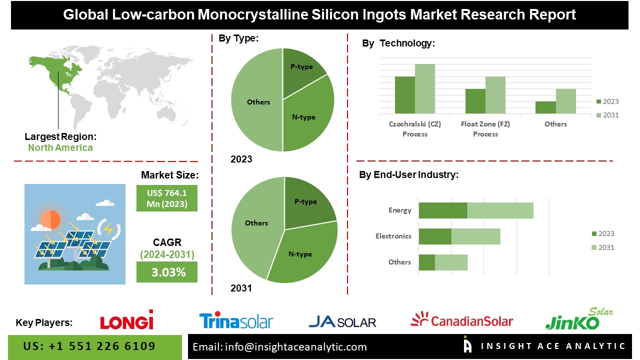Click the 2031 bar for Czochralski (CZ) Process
point(424,88)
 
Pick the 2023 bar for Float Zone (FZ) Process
point(475,101)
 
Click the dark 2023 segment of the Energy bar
point(442,210)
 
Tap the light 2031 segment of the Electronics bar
point(475,236)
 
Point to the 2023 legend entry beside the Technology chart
point(607,101)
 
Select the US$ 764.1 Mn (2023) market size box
point(167,198)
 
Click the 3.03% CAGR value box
point(167,272)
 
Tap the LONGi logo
point(126,320)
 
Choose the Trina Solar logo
point(236,321)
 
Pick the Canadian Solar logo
point(461,320)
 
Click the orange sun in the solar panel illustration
point(50,219)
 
